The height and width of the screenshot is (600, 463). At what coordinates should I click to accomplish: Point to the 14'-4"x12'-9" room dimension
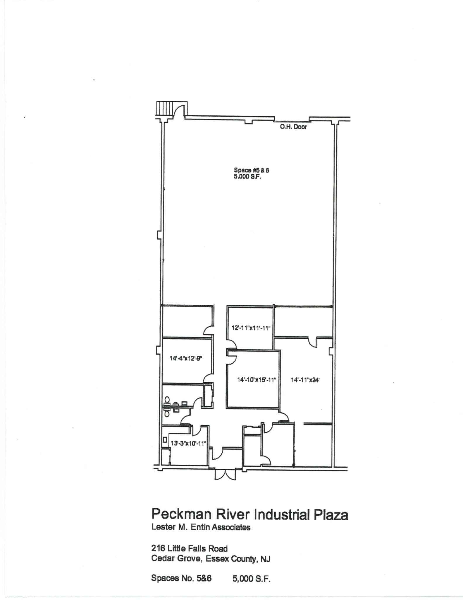pyautogui.click(x=186, y=358)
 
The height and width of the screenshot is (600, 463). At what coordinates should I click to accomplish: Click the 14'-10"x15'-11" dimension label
pyautogui.click(x=257, y=380)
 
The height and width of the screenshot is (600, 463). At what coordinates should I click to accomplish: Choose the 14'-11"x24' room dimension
pyautogui.click(x=305, y=380)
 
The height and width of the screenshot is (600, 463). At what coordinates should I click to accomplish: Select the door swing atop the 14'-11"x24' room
pyautogui.click(x=313, y=342)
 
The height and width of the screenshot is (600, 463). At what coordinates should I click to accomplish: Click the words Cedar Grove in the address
pyautogui.click(x=176, y=559)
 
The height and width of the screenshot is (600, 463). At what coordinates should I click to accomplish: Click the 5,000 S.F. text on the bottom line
pyautogui.click(x=252, y=578)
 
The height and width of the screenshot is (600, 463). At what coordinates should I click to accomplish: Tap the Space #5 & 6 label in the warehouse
pyautogui.click(x=252, y=170)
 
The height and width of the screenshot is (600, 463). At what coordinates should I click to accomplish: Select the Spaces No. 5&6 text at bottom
pyautogui.click(x=181, y=578)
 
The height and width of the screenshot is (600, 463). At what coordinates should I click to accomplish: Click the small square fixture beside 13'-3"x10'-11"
pyautogui.click(x=165, y=440)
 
